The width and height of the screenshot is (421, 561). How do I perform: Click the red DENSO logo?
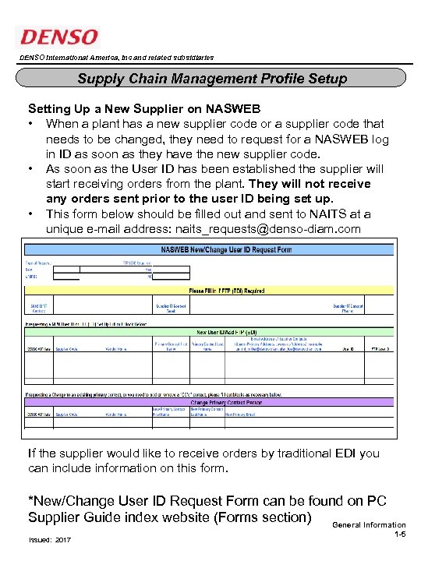pos(59,37)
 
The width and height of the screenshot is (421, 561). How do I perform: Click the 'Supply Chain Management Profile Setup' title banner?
pos(211,79)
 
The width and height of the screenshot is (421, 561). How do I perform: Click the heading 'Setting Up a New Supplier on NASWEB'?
pos(143,108)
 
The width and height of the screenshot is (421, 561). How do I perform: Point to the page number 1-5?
pos(399,536)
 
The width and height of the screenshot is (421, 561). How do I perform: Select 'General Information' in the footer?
pos(369,525)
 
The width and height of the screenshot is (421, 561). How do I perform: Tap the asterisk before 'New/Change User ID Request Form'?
pos(31,500)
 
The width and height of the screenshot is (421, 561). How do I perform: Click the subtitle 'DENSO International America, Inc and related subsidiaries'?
pos(115,58)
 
